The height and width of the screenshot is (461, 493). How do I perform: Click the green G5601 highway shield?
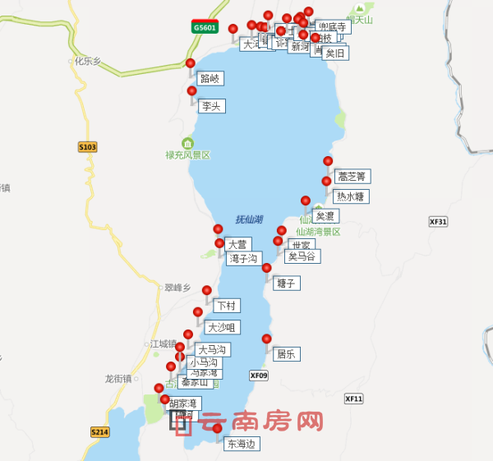[x=204, y=26]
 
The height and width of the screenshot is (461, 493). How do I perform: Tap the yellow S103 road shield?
[x=88, y=147]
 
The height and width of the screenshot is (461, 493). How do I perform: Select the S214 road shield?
[x=99, y=432]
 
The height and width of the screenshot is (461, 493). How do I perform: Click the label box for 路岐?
[x=210, y=79]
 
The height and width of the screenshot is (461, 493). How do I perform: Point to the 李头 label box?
[x=211, y=105]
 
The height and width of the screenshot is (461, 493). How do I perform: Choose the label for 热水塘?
[x=351, y=196]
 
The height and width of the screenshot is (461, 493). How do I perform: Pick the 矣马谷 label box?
[x=302, y=256]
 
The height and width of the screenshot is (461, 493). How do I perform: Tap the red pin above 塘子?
[x=266, y=268]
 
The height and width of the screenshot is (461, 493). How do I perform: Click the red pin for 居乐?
[x=266, y=339]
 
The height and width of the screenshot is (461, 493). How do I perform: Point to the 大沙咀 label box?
[x=223, y=327]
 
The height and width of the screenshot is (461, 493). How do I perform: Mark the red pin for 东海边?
[x=217, y=428]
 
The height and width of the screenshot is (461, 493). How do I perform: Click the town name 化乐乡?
[x=87, y=60]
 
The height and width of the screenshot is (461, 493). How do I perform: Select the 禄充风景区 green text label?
[x=188, y=154]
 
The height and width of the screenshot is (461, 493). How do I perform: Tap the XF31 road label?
[x=438, y=222]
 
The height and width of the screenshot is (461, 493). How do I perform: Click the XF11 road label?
[x=353, y=399]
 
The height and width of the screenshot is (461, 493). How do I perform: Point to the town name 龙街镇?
[x=118, y=378]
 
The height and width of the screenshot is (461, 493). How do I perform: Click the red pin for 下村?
[x=207, y=291]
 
